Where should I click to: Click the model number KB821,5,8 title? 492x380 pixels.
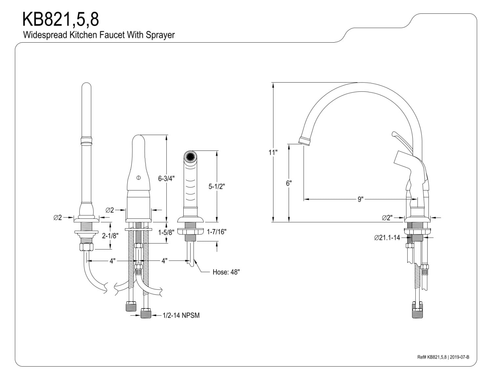click(x=60, y=20)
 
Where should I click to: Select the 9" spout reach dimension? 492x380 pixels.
click(x=360, y=199)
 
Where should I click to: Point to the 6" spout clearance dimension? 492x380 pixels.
click(x=289, y=183)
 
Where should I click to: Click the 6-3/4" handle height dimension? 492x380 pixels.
click(x=166, y=179)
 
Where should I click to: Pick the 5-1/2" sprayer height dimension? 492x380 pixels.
click(x=216, y=186)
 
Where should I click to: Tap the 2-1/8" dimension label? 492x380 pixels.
click(x=110, y=236)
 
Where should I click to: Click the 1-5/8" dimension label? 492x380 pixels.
click(x=166, y=232)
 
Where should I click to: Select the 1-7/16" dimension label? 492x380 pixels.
click(x=216, y=232)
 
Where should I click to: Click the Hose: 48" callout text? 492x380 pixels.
click(x=226, y=272)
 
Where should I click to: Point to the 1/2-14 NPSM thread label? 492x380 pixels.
click(x=181, y=315)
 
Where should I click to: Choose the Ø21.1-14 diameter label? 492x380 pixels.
click(x=387, y=238)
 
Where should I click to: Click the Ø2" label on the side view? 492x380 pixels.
click(x=387, y=217)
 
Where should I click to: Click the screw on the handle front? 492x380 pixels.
click(x=138, y=178)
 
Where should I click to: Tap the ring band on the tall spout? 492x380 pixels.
click(x=86, y=141)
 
